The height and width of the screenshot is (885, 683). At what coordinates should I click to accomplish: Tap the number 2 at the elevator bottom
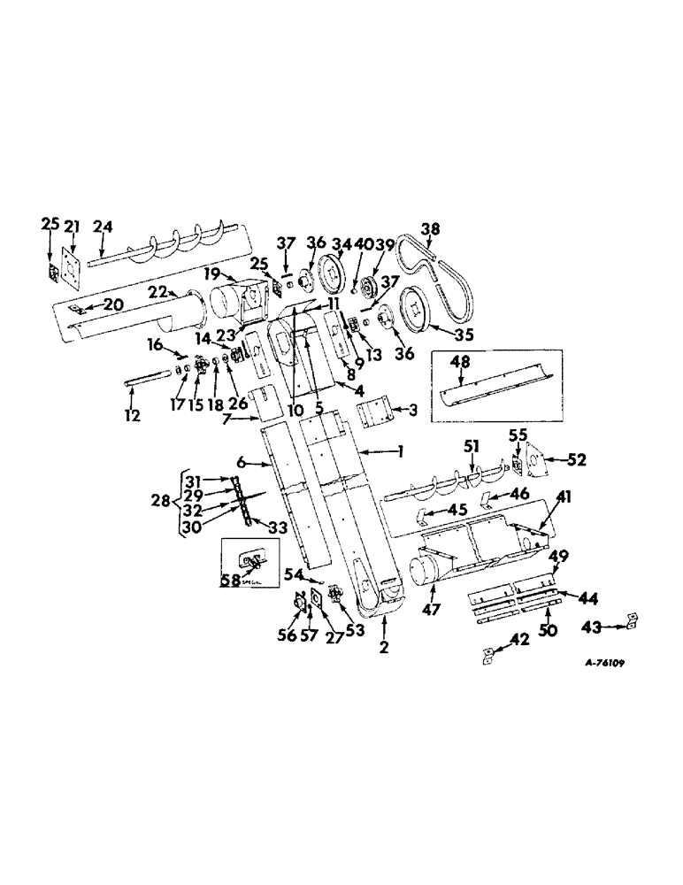point(384,648)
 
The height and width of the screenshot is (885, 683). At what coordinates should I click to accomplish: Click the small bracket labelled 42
point(487,656)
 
